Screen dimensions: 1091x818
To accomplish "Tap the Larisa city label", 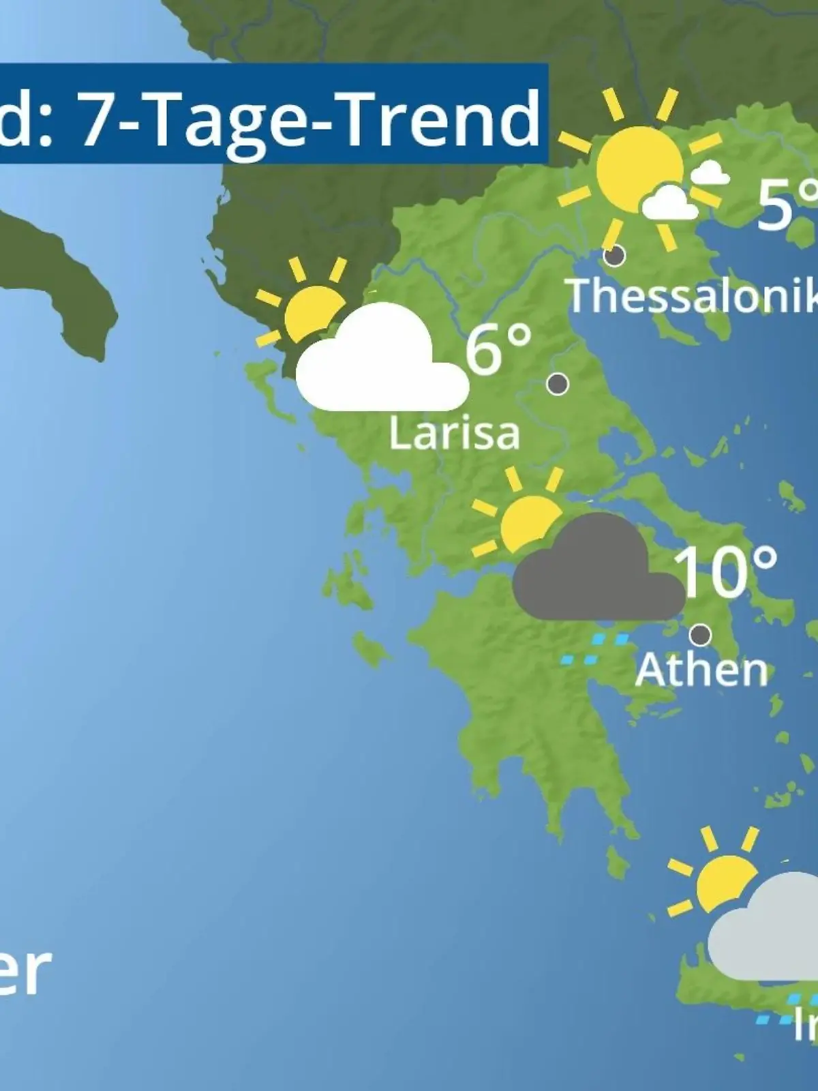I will tap(454, 433).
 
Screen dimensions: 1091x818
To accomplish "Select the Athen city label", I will tap(701, 670).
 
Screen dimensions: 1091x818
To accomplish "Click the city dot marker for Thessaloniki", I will tap(614, 256).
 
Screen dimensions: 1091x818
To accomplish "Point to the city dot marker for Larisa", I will tap(558, 384).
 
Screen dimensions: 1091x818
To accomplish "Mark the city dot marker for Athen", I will tap(700, 635).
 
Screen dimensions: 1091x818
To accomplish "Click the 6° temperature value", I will tap(498, 350).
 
